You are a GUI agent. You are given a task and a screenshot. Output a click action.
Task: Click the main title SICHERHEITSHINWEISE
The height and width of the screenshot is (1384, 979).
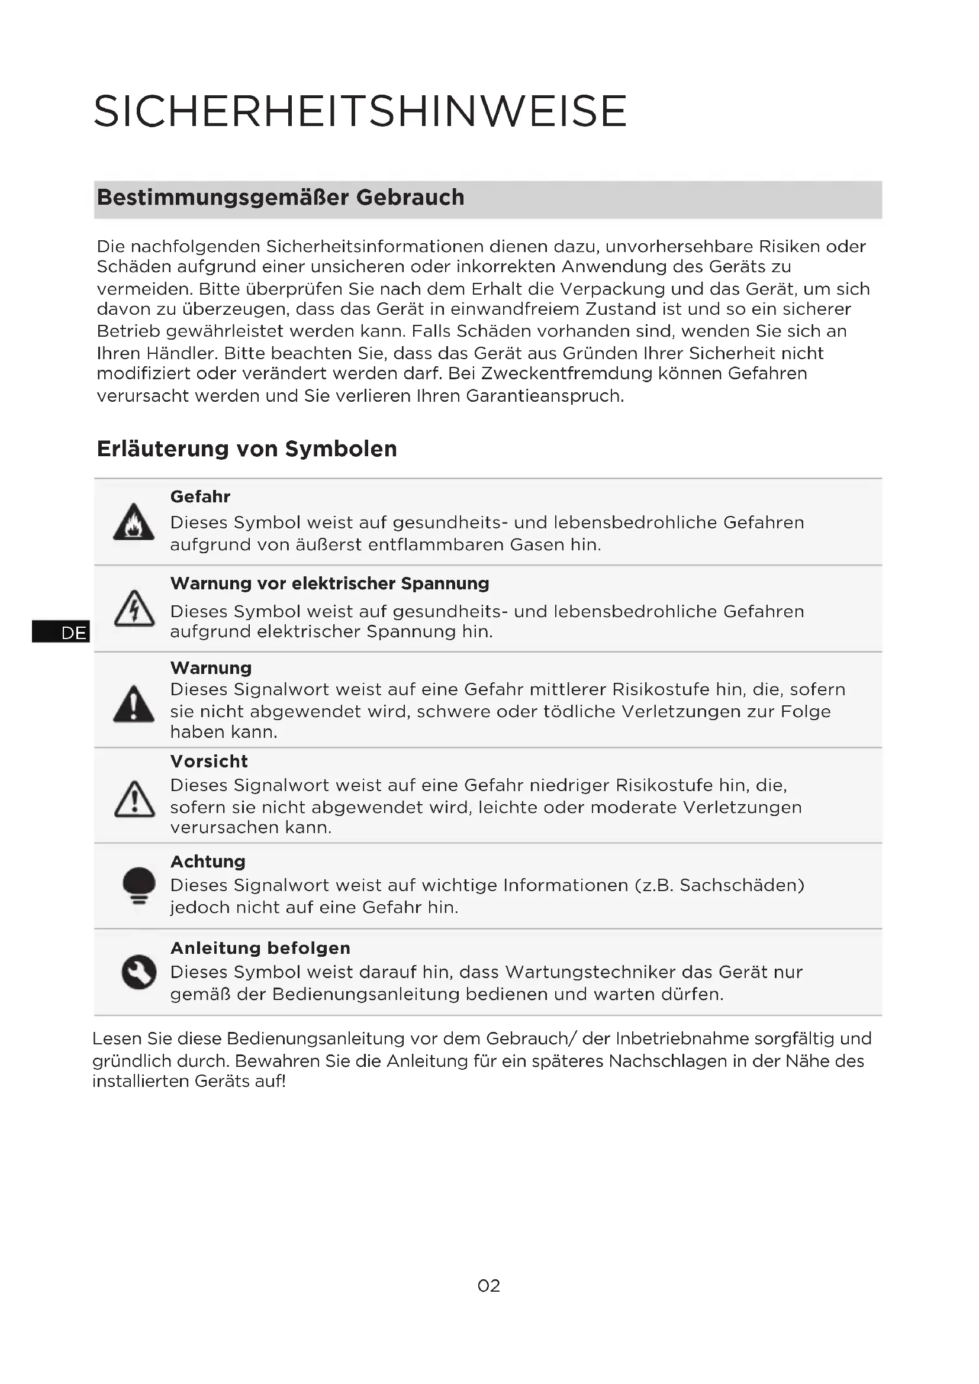[360, 111]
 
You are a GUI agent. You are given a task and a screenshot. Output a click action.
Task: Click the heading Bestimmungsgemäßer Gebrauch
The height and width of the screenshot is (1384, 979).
[281, 198]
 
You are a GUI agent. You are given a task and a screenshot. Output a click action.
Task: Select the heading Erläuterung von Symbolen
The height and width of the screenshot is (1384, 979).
[247, 449]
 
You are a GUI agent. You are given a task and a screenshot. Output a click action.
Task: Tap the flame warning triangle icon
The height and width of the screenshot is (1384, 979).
[134, 522]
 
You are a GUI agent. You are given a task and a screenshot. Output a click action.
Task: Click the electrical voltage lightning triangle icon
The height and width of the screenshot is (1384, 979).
[134, 609]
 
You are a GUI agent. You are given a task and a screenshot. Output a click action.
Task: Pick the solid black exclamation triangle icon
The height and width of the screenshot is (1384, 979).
[134, 704]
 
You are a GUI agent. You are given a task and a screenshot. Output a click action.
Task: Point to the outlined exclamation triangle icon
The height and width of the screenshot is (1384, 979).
[134, 800]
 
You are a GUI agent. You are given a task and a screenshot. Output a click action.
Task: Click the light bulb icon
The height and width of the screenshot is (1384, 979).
[139, 886]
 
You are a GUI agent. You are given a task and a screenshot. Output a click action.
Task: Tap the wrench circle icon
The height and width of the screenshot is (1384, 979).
[139, 972]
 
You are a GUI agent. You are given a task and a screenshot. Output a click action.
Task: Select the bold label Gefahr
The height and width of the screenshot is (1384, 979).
[200, 496]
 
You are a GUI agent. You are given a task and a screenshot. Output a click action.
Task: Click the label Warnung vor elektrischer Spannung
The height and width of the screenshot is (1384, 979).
[329, 583]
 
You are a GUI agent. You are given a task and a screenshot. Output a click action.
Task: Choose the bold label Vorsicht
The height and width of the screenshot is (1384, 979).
[208, 762]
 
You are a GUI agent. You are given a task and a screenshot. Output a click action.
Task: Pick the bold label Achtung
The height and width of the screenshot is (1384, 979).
[208, 862]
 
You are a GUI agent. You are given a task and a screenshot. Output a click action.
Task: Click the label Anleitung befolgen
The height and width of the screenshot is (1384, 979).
[260, 948]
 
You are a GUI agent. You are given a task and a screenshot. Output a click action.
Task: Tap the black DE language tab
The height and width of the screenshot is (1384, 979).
[60, 633]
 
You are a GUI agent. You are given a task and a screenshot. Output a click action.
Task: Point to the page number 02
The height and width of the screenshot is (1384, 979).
[488, 1286]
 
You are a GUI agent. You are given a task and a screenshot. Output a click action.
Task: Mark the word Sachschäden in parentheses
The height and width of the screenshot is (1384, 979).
[742, 886]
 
